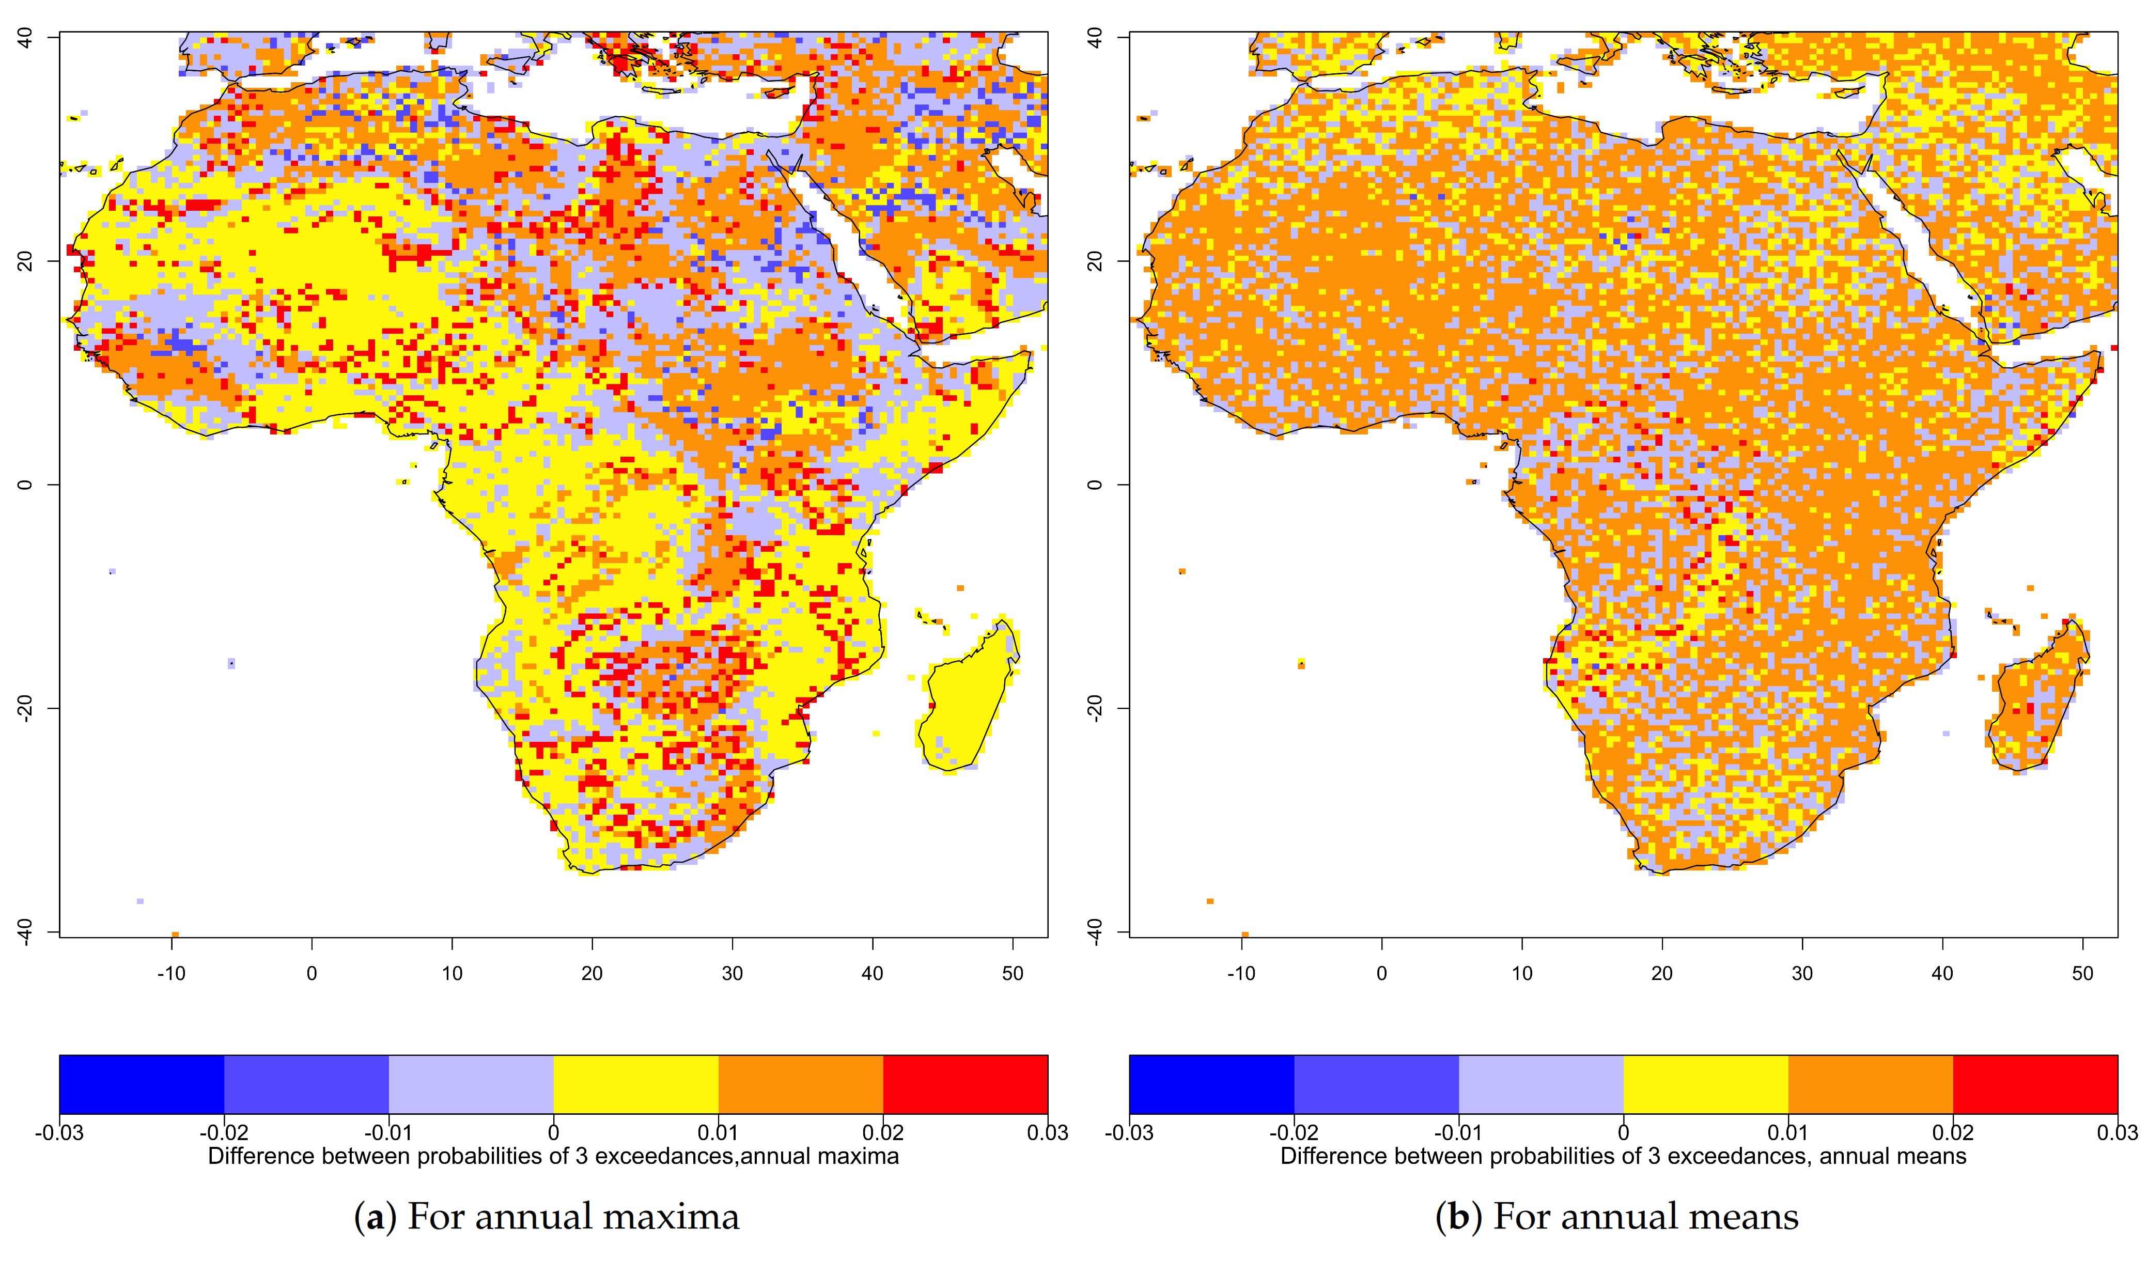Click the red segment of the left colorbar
[x=965, y=1084]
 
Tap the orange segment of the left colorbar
[x=800, y=1084]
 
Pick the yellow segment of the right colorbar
[x=1706, y=1084]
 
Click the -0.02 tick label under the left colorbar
[x=224, y=1133]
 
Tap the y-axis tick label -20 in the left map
[x=26, y=708]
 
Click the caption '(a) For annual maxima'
[x=547, y=1217]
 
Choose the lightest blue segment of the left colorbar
[x=471, y=1084]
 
